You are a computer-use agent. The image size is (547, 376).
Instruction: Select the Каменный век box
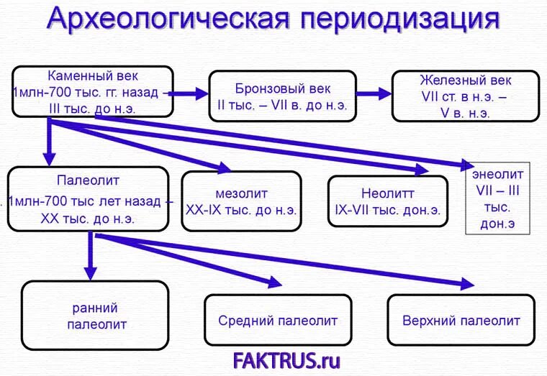[x=92, y=92]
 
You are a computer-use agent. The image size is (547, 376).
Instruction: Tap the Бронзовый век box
[x=283, y=96]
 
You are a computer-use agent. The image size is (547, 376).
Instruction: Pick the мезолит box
[x=241, y=201]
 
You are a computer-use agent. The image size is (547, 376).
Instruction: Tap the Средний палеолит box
[x=277, y=320]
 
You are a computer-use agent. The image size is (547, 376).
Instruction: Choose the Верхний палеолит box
[x=461, y=320]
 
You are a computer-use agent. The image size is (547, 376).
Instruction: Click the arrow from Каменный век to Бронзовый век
[x=189, y=93]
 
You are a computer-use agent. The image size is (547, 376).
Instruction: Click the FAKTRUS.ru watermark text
[x=286, y=358]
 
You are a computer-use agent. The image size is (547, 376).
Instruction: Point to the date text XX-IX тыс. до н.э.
[x=241, y=211]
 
